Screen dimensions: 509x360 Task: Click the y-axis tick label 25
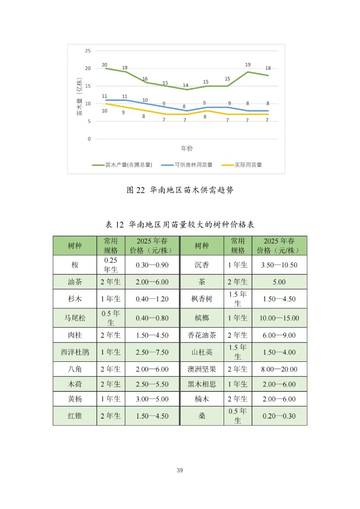point(88,51)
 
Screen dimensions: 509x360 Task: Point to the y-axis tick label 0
point(89,139)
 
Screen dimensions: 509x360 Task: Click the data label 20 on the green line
point(104,65)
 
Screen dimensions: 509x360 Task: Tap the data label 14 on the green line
point(185,86)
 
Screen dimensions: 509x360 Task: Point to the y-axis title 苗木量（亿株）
point(79,97)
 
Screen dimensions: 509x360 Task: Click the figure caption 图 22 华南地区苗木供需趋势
point(180,190)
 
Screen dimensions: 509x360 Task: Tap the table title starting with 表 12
point(180,224)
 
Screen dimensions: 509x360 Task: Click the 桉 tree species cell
point(75,265)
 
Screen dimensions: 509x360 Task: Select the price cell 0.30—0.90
point(152,265)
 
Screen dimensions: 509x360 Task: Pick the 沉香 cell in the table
point(202,265)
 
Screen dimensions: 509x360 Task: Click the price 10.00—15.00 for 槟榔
point(279,318)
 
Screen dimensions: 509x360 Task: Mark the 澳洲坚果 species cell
point(202,369)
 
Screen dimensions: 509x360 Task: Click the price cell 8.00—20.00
point(279,369)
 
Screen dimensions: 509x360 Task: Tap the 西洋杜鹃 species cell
point(75,352)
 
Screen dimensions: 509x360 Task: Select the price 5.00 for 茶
point(279,282)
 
